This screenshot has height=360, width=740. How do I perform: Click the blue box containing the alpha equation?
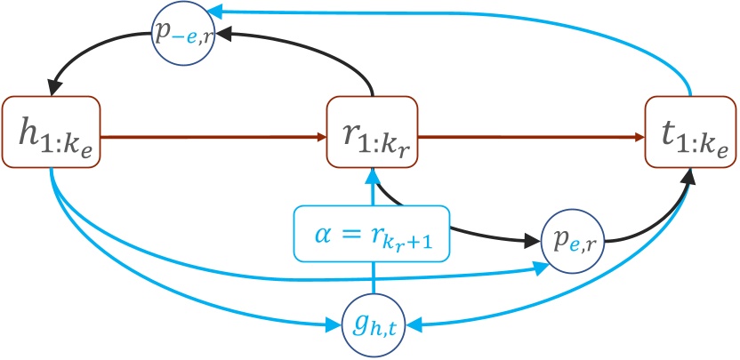[371, 235]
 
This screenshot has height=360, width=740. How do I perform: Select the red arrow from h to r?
[213, 138]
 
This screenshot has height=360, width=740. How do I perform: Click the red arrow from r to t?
[534, 138]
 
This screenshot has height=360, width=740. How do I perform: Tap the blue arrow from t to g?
[578, 307]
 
